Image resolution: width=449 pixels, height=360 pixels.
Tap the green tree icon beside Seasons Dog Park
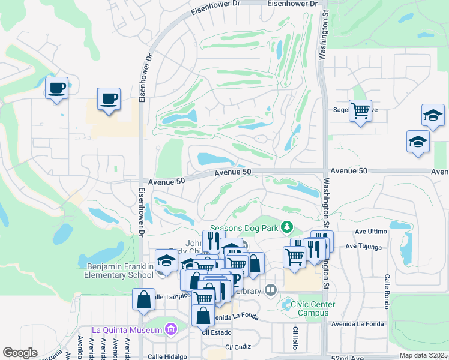(288, 226)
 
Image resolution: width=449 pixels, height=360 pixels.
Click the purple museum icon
(170, 329)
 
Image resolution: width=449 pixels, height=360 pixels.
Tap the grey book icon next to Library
(270, 290)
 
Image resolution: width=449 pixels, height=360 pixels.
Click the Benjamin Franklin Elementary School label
(120, 271)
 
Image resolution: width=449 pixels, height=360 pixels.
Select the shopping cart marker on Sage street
(360, 110)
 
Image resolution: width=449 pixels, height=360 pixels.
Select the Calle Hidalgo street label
(168, 356)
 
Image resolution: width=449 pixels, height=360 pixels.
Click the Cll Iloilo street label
(295, 340)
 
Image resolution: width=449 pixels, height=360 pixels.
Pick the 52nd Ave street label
(348, 358)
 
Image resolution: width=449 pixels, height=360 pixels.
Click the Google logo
(20, 353)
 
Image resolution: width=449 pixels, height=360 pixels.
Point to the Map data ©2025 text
(423, 355)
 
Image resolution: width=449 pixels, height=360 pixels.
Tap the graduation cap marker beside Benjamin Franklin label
(166, 260)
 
